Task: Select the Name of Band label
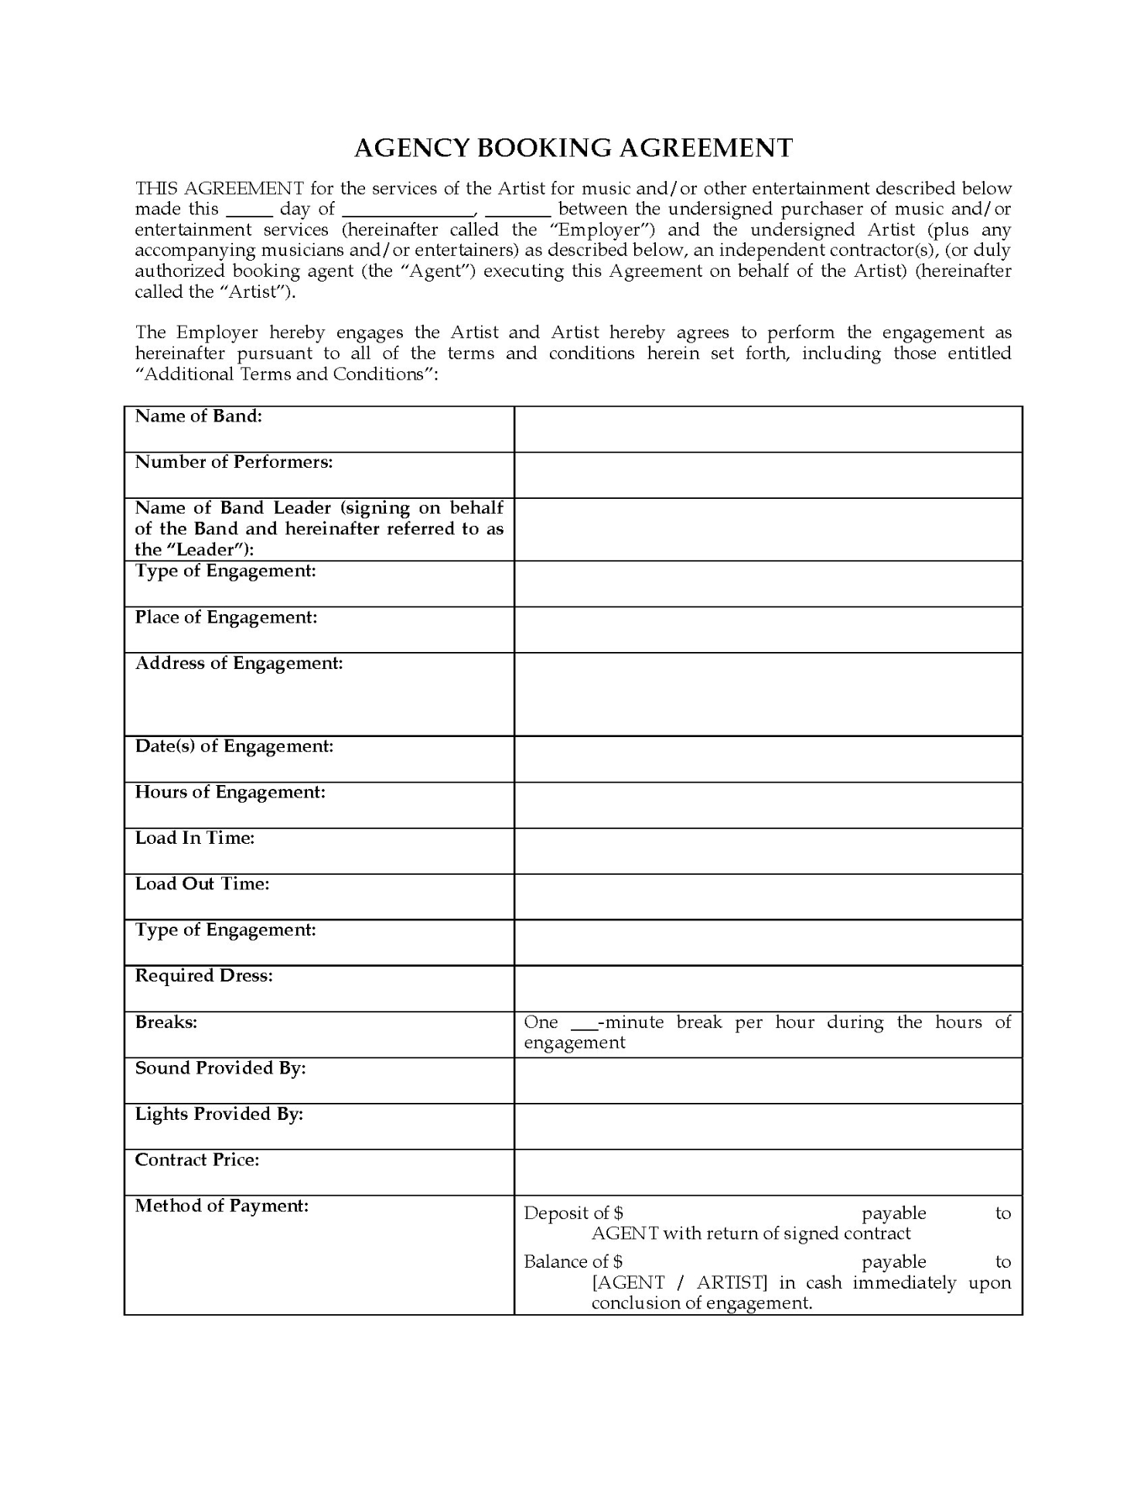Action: point(199,416)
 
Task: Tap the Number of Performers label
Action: point(234,462)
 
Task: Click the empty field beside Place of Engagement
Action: point(767,630)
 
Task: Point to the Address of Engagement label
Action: point(239,663)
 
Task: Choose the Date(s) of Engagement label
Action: point(234,746)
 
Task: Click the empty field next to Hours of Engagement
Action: point(767,804)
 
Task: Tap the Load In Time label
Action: point(195,838)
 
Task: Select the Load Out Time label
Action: point(202,883)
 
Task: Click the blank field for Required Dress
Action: point(767,988)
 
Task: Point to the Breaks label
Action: point(166,1022)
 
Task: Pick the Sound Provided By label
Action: point(220,1068)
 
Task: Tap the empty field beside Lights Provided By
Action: point(767,1125)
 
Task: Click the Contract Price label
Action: point(197,1159)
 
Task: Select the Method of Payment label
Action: point(222,1205)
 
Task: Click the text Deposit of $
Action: point(573,1213)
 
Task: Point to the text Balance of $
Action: point(573,1261)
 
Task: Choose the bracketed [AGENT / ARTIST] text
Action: point(679,1282)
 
